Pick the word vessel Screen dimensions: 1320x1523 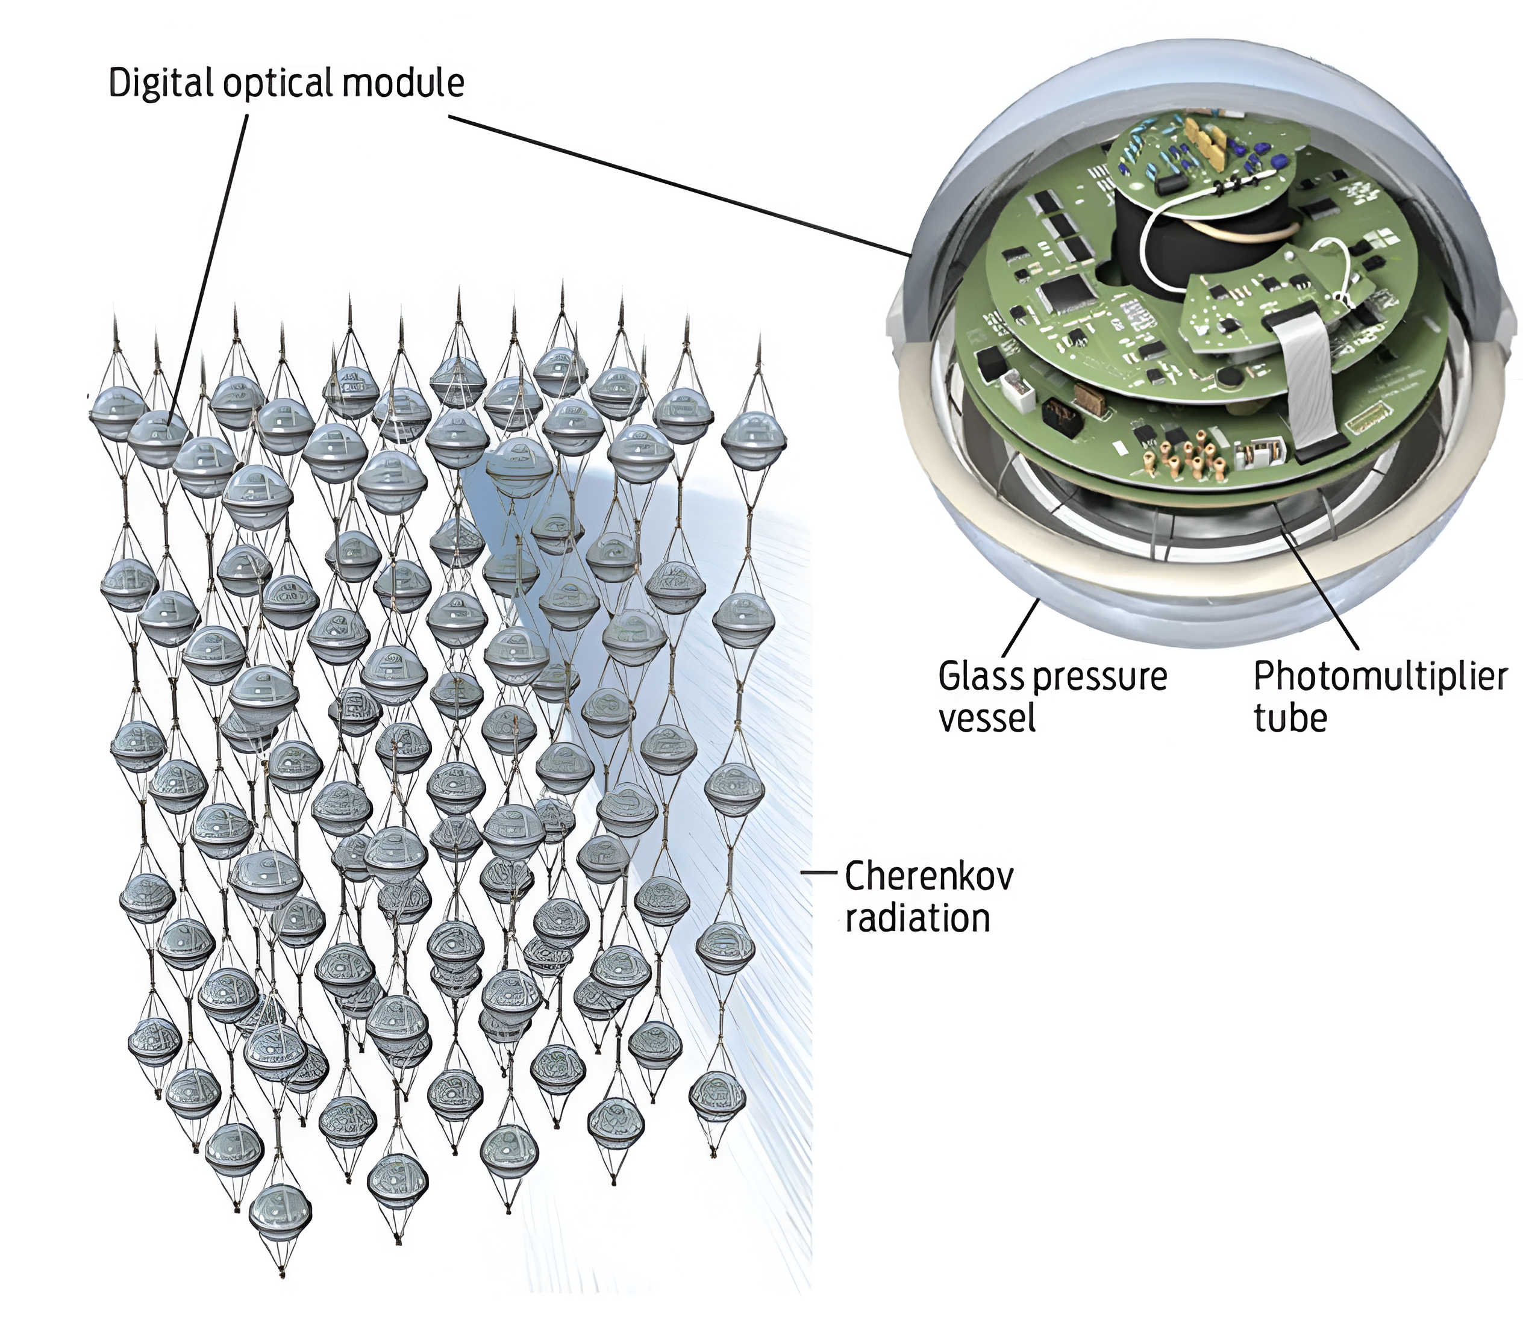pos(987,717)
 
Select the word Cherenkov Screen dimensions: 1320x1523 pos(929,877)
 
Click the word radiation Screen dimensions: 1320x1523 pos(918,918)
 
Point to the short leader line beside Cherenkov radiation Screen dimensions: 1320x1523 pos(819,872)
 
